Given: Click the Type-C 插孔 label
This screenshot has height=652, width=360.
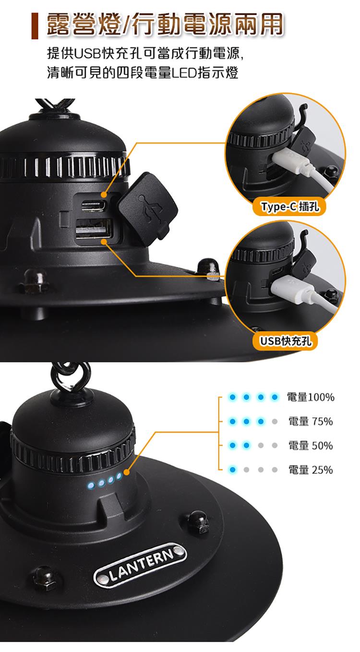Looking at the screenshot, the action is coord(289,206).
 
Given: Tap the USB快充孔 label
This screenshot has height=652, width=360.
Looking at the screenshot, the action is coord(286,341).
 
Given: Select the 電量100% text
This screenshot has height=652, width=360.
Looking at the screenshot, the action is coord(311,397).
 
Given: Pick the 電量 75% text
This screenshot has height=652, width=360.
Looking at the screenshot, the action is coord(311,421).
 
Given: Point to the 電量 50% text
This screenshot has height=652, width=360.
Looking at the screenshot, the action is coord(311,446).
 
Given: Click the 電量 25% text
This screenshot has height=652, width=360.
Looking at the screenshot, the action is coord(311,470).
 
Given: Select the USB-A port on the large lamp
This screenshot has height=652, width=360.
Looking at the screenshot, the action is coord(94,229).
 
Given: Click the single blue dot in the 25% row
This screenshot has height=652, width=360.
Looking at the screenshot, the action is coord(232,470).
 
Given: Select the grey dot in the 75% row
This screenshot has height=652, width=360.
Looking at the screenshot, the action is coord(275,421).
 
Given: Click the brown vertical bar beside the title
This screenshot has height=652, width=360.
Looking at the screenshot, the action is coord(35,26).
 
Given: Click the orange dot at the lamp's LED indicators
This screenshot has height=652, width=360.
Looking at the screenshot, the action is coord(126,472).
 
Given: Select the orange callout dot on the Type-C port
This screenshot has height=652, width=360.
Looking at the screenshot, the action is coord(104,195).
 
